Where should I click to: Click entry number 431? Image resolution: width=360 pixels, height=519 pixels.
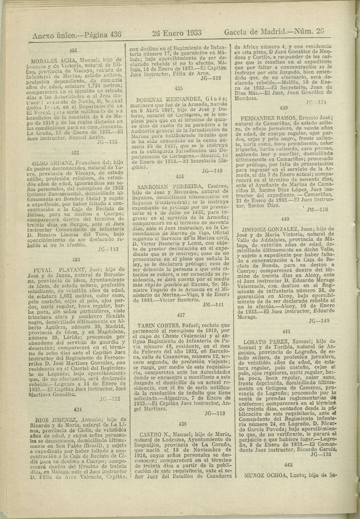(73, 50)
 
